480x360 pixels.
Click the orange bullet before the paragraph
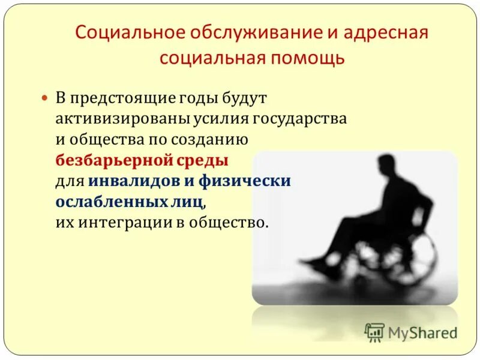coord(44,97)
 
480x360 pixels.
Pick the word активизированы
coord(122,118)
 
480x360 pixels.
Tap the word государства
coord(299,118)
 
